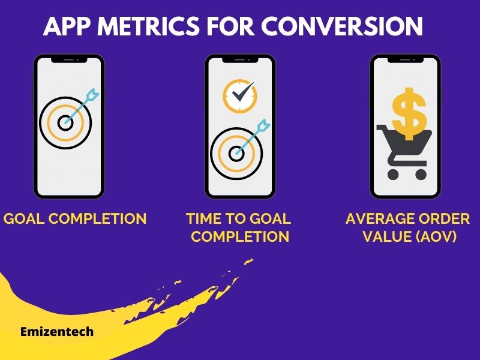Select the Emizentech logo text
pyautogui.click(x=56, y=331)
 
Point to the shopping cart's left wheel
pyautogui.click(x=394, y=174)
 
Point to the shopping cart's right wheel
pyautogui.click(x=421, y=174)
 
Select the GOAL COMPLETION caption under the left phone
pyautogui.click(x=75, y=218)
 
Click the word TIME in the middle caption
pyautogui.click(x=202, y=218)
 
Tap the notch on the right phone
pyautogui.click(x=405, y=59)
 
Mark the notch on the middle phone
pyautogui.click(x=240, y=59)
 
